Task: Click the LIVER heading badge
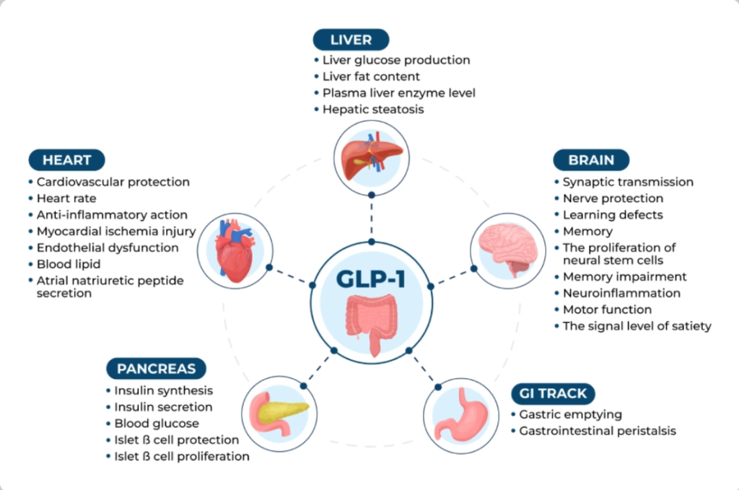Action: tap(351, 39)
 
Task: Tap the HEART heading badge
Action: tap(66, 160)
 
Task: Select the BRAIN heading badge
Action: tap(591, 160)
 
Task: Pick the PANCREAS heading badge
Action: tap(156, 369)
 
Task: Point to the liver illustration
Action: tap(369, 154)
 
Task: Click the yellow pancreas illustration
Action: tap(277, 412)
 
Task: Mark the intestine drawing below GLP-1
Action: tap(370, 323)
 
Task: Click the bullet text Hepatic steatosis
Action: tap(373, 110)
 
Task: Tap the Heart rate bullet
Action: tap(66, 198)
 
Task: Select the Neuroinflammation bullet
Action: tap(621, 293)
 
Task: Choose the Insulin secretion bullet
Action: tap(163, 407)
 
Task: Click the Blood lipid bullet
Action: tap(69, 264)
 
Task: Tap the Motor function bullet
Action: tap(607, 310)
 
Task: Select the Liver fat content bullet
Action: tap(371, 76)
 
